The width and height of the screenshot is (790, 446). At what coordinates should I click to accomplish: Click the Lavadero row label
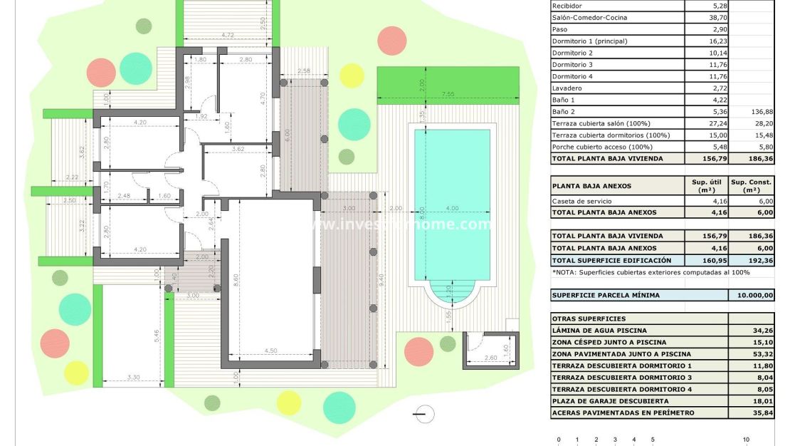(x=567, y=88)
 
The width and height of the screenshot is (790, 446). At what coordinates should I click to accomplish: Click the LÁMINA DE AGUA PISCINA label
(x=599, y=331)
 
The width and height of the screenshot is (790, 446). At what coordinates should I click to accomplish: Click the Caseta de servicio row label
(x=581, y=201)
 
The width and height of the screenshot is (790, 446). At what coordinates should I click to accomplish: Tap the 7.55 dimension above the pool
(x=448, y=94)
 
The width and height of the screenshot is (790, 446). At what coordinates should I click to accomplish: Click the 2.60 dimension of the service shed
(x=490, y=358)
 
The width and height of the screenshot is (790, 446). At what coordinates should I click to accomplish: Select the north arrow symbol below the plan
(x=424, y=413)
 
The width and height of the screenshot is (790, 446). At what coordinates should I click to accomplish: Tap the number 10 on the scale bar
(x=746, y=440)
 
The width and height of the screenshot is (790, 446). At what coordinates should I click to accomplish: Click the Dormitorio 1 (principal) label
(x=590, y=41)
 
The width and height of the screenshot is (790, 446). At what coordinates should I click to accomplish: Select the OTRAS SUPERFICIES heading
(x=589, y=318)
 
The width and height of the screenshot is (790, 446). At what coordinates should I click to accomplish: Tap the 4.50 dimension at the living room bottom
(x=271, y=351)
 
